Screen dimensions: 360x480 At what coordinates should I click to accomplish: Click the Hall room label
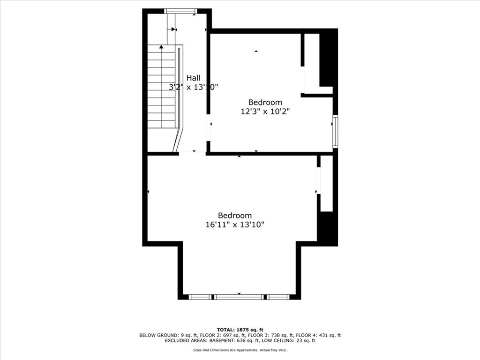click(x=193, y=78)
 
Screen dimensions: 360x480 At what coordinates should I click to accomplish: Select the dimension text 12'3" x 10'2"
click(x=265, y=112)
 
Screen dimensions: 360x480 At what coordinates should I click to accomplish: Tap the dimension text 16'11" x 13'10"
click(x=235, y=225)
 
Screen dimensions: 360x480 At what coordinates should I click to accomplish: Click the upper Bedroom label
click(x=265, y=102)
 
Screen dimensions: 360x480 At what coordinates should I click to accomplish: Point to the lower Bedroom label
click(x=235, y=215)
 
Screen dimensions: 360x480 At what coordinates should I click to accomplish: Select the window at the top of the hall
click(x=180, y=11)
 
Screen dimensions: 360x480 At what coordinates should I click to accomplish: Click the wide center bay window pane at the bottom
click(x=239, y=297)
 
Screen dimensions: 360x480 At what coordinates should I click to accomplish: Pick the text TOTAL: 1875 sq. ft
click(x=240, y=330)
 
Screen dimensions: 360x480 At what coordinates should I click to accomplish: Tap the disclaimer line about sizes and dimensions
click(x=240, y=350)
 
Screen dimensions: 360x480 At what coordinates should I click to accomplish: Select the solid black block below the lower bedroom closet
click(x=327, y=228)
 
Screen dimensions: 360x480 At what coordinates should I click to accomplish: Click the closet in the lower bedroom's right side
click(x=326, y=183)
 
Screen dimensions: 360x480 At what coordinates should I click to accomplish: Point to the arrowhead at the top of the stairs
click(x=161, y=46)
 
